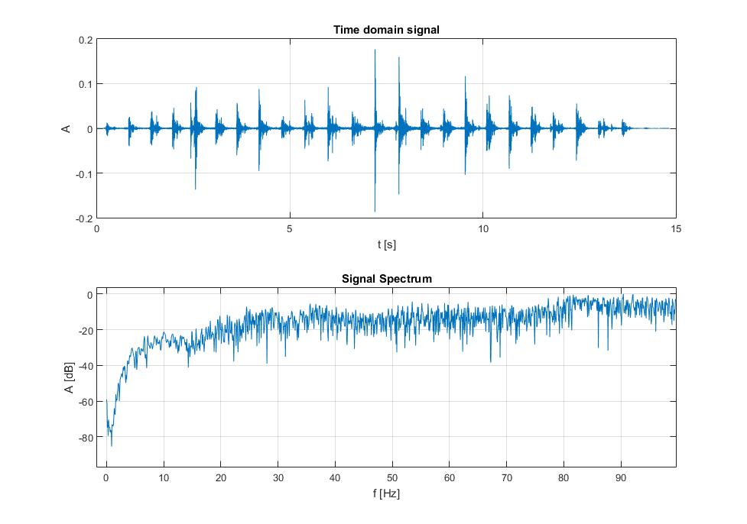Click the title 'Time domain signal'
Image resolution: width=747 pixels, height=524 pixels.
click(386, 30)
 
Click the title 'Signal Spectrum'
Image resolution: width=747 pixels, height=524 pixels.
click(386, 279)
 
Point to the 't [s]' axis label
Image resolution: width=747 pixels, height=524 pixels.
click(386, 244)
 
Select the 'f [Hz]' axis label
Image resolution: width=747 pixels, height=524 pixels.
click(386, 493)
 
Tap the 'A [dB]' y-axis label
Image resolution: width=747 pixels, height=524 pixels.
click(69, 379)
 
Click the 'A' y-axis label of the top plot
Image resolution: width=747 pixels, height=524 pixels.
click(67, 129)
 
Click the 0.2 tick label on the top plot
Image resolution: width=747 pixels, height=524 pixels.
click(84, 40)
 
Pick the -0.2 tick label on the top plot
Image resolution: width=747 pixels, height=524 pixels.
click(83, 218)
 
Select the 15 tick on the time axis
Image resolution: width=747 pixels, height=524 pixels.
click(676, 228)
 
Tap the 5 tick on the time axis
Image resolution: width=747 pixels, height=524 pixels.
click(290, 228)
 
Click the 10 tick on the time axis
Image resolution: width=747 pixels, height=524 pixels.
click(483, 228)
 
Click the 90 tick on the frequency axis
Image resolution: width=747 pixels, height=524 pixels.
click(621, 477)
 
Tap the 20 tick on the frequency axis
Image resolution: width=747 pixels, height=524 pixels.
click(220, 477)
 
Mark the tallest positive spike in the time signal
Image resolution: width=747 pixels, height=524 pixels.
click(375, 50)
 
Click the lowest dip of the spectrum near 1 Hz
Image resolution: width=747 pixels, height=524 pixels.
click(112, 445)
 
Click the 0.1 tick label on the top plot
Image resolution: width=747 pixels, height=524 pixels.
click(84, 84)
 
